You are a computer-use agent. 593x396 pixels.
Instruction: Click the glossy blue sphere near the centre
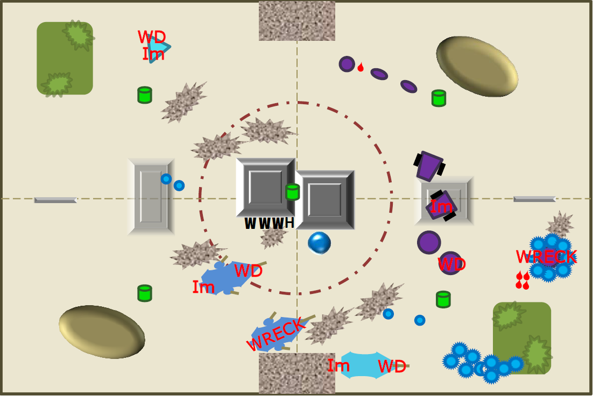click(319, 243)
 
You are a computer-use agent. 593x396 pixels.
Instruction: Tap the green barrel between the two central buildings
click(292, 192)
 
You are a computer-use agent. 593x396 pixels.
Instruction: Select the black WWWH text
click(269, 223)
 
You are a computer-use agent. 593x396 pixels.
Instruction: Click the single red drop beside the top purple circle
click(361, 67)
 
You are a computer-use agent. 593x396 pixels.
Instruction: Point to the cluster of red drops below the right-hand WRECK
click(523, 280)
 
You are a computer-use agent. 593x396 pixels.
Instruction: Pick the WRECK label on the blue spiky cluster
click(546, 257)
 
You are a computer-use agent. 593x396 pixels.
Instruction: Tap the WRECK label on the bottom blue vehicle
click(275, 334)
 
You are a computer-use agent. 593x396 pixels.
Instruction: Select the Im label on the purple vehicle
click(441, 206)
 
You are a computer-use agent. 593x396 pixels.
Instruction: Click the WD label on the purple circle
click(451, 264)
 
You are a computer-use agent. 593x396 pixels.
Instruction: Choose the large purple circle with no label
click(429, 242)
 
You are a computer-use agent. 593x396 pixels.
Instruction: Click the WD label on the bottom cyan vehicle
click(392, 366)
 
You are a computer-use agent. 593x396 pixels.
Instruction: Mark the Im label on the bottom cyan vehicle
click(338, 365)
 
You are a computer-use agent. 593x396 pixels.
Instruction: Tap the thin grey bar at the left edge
click(55, 200)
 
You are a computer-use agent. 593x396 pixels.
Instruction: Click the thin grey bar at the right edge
click(534, 199)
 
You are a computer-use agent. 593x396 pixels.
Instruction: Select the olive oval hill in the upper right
click(477, 67)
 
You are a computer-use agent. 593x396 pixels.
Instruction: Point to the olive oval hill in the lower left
click(102, 332)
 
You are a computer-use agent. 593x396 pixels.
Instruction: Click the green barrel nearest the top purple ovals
click(439, 98)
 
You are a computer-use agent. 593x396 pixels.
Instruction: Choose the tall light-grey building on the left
click(151, 197)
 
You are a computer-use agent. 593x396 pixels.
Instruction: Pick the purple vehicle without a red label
click(429, 166)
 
